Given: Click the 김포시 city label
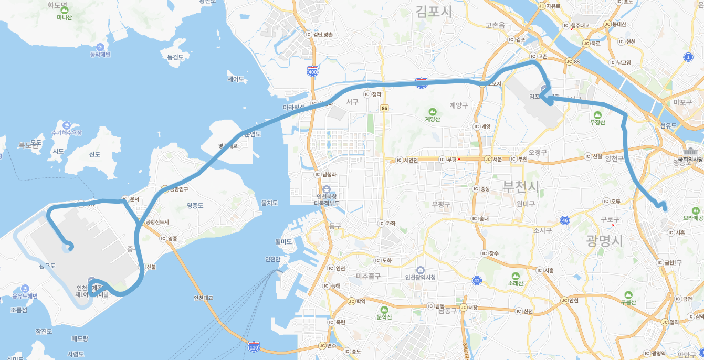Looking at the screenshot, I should click(x=433, y=11).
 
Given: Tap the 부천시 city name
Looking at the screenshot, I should click(x=520, y=186).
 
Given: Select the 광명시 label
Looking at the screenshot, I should click(x=604, y=241).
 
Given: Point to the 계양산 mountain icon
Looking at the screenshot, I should click(x=432, y=111).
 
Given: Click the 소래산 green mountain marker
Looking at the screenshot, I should click(x=516, y=276).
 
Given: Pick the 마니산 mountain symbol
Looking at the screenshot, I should click(x=64, y=9).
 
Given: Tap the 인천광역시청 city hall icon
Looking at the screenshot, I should click(x=421, y=270).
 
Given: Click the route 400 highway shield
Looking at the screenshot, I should click(x=312, y=71).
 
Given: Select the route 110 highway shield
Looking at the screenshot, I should click(x=254, y=347).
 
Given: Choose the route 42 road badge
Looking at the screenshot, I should click(x=477, y=280).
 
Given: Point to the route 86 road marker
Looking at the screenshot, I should click(x=385, y=108).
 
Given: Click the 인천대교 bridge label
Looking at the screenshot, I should click(x=203, y=298).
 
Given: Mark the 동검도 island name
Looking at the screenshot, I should click(x=175, y=57).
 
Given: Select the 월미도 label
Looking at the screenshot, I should click(x=283, y=241).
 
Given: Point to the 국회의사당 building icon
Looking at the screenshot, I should click(x=689, y=152).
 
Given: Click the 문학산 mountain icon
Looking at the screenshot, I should click(x=384, y=310).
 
